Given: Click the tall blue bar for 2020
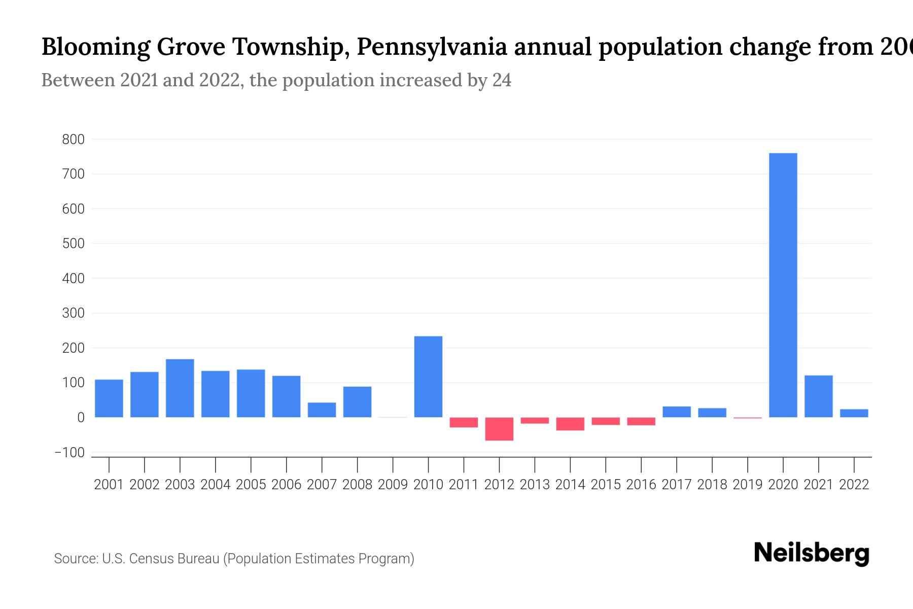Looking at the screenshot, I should (783, 284).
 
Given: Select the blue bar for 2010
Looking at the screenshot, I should (428, 377).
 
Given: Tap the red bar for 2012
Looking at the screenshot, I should (499, 429).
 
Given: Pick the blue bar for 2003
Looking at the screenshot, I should (180, 388).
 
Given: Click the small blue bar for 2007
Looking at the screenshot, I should (322, 410).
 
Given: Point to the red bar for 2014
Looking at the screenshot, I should (570, 424).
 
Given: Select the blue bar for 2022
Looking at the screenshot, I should (854, 413).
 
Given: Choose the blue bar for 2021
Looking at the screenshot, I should (818, 396).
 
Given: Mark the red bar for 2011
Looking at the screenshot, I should (464, 422).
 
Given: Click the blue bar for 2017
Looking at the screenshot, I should (676, 412).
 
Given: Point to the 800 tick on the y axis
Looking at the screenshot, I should (73, 140).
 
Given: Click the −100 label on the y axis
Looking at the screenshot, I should (70, 453).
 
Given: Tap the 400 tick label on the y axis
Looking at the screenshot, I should (73, 279).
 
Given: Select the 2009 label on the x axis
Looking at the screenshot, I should (393, 485).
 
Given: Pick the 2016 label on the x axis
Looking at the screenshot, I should (641, 485).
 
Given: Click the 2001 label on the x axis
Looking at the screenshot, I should (109, 485).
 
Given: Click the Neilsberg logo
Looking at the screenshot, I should (811, 553).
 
